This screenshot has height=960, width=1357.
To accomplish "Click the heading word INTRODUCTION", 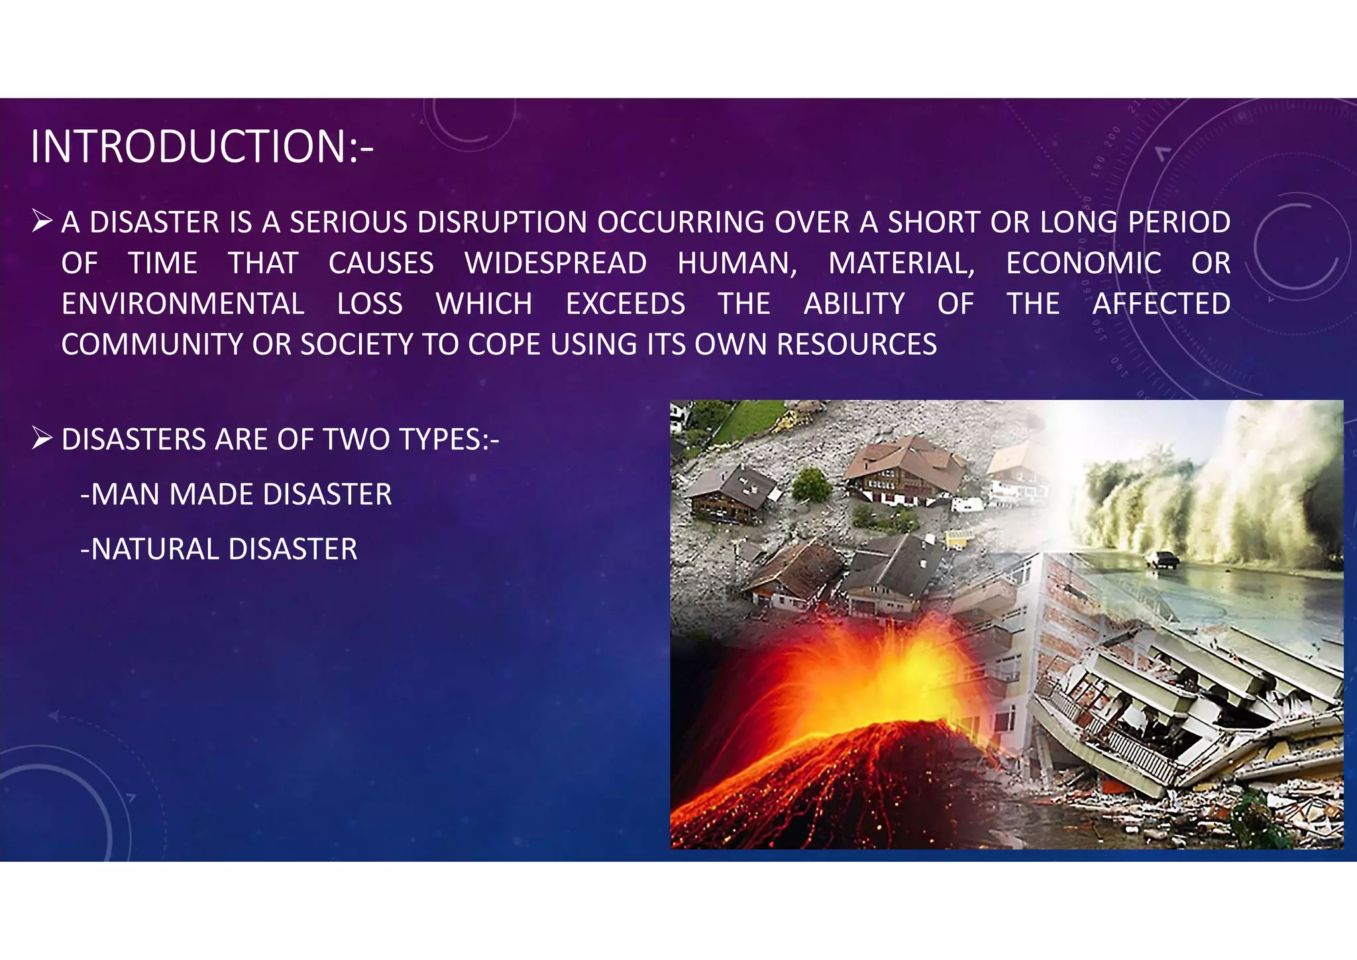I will coord(188,147).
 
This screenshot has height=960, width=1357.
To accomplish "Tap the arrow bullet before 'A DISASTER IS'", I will coord(42,221).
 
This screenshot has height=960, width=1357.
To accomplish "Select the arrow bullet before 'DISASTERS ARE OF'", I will coord(42,438).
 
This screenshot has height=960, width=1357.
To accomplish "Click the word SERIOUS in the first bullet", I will coord(349,223).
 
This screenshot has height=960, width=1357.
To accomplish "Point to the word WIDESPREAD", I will coord(556,264).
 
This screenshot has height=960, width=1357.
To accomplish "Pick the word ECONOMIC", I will coord(1083,264).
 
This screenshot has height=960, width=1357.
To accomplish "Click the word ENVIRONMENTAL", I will coord(183,304).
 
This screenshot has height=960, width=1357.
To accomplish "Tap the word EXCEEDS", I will coord(625,304).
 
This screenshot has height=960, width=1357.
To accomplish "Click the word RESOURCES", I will coord(857,345).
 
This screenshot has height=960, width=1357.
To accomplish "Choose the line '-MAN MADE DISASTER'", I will coord(236,495).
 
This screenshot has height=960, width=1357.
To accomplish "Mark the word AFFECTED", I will coord(1161,304).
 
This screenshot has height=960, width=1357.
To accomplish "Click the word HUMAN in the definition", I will coord(735,264).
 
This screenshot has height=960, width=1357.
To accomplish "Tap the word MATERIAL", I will coord(900,264).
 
